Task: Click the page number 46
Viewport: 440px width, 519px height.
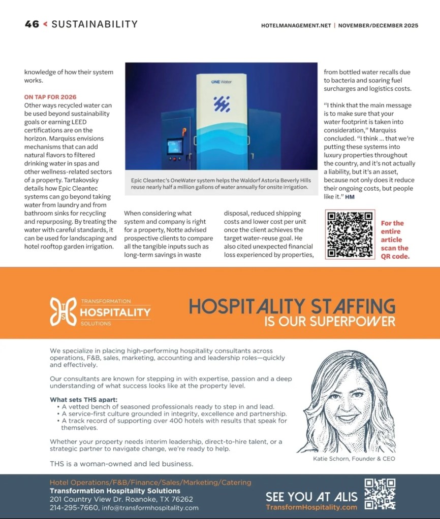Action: (32, 24)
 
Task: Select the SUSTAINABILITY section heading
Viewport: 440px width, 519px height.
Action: (95, 24)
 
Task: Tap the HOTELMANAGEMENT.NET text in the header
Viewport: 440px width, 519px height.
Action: (296, 25)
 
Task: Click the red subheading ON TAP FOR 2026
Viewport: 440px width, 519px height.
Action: (50, 97)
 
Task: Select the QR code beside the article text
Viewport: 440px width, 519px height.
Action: (350, 234)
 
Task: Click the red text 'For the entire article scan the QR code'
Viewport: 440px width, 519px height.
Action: (394, 239)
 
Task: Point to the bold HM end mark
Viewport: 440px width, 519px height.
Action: (350, 197)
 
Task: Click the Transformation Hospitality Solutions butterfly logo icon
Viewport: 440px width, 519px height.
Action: (64, 312)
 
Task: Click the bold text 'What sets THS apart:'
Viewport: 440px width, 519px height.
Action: (83, 399)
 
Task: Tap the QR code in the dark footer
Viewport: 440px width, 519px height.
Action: (380, 494)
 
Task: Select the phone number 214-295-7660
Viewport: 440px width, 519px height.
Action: (74, 507)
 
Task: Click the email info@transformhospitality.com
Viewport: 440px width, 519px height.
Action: (150, 507)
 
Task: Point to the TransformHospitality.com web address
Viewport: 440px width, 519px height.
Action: (311, 507)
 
